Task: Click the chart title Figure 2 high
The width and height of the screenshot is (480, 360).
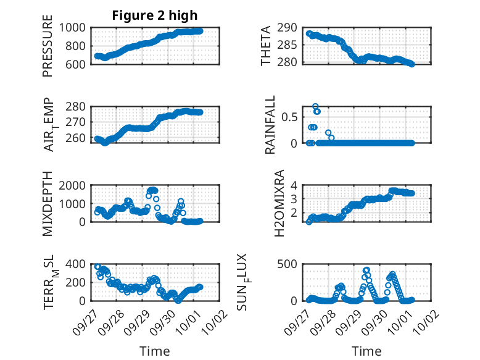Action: (155, 15)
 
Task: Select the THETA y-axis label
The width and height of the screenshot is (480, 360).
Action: (266, 46)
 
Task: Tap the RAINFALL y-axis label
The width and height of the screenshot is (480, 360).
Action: (270, 125)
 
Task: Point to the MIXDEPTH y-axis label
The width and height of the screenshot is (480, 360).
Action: (48, 204)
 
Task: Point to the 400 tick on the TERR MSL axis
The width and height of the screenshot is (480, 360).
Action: (77, 264)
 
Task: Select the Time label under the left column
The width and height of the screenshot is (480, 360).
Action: (155, 351)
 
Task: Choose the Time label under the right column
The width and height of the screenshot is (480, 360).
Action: (366, 351)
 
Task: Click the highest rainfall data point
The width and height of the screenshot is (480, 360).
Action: (315, 106)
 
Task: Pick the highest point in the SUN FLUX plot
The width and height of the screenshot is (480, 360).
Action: (366, 270)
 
